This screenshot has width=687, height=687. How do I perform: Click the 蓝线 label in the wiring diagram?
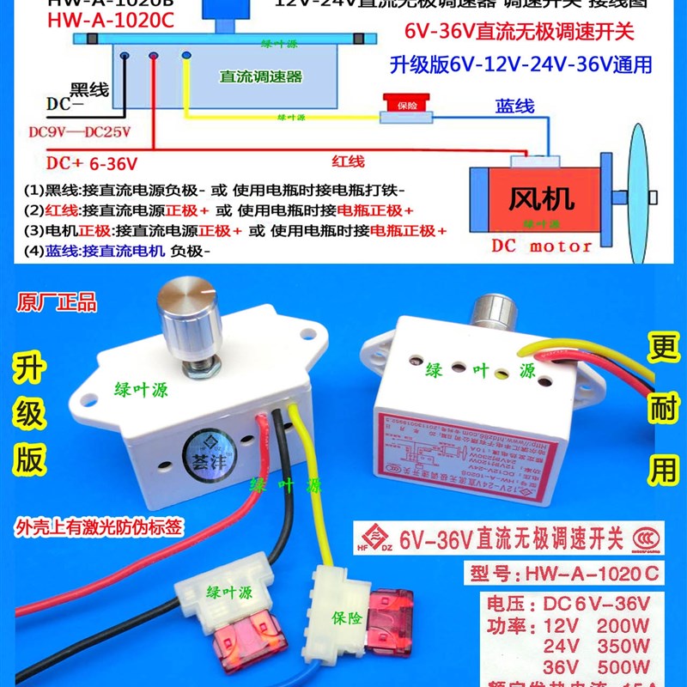click(515, 106)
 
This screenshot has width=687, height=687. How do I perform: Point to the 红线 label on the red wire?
click(348, 161)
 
